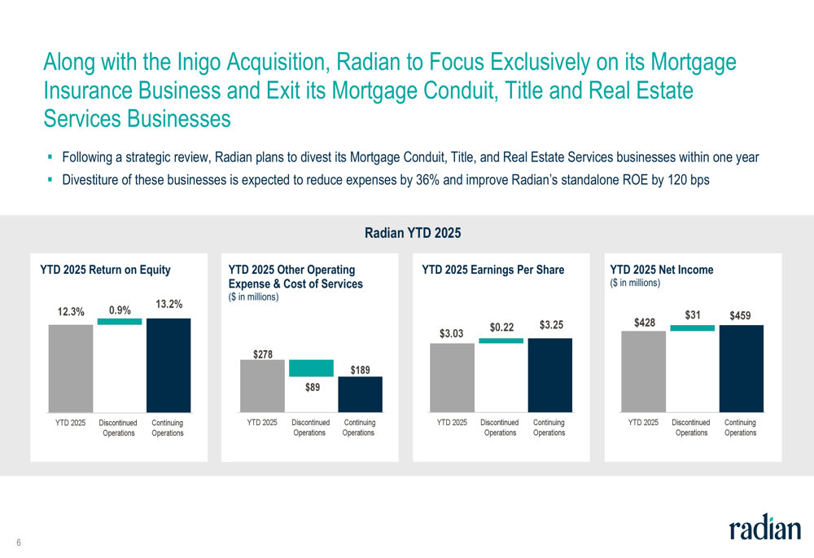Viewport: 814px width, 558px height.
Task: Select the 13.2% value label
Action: coord(168,305)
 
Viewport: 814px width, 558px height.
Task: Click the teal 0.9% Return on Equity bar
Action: coord(120,322)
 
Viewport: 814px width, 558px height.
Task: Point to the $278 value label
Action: coord(262,354)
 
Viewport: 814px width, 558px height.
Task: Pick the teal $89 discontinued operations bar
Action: coord(311,368)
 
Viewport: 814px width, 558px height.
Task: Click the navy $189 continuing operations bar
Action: coord(360,394)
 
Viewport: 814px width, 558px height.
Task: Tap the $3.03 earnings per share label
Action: coord(452,333)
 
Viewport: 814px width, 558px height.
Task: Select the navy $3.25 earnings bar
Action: coord(550,375)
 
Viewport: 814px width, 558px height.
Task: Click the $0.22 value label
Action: coord(501,327)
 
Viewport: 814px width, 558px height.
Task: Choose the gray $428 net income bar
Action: coord(643,371)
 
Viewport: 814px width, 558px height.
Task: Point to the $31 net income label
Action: coord(693,314)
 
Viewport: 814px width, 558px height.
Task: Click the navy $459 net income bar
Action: coord(742,368)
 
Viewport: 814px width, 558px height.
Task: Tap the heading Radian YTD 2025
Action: coord(413,234)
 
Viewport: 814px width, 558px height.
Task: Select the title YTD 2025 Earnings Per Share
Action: coord(493,269)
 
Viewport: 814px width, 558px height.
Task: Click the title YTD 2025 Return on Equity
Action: coord(111,269)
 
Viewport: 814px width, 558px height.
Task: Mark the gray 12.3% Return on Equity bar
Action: coord(71,368)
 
